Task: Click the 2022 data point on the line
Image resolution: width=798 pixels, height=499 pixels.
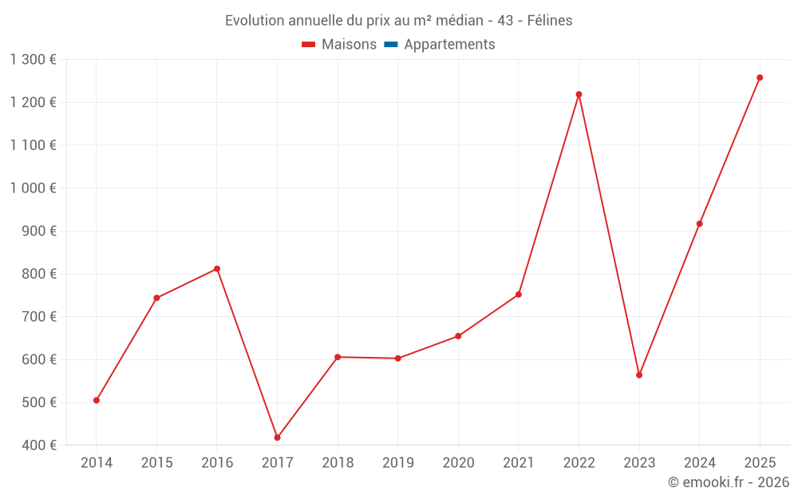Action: pos(579,94)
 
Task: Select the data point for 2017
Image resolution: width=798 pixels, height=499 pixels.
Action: pos(277,438)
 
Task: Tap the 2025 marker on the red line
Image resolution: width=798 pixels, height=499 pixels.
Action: pos(760,77)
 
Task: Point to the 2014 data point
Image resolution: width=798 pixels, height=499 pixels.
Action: pos(97,400)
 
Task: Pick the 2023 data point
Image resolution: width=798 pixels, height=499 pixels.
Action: pos(639,374)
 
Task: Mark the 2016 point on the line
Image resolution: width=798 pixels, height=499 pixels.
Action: pos(217,269)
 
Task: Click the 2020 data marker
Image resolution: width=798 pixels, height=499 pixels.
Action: pos(458,336)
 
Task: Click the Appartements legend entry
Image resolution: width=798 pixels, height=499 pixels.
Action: pos(449,45)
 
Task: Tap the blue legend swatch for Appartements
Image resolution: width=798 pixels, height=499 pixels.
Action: pos(390,45)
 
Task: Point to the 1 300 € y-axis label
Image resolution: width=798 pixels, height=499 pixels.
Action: pos(33,59)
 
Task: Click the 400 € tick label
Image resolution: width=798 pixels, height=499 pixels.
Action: pos(38,446)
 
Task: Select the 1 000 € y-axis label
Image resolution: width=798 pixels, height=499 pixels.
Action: pos(33,188)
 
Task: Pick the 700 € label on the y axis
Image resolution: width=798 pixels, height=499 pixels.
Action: pos(38,317)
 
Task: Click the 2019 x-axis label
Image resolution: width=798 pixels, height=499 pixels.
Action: pos(398,463)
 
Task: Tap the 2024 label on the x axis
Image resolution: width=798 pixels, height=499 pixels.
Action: pos(700,463)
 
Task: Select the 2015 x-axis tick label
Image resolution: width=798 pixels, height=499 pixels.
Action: pos(156,463)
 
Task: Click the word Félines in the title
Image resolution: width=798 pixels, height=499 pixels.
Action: pos(550,21)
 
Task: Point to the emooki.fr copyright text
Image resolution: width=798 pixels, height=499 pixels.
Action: pos(729,482)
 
